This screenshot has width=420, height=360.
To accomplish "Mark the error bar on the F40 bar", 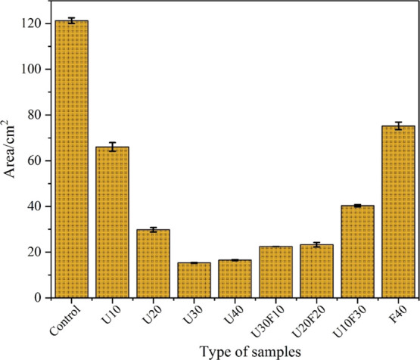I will point(397,126).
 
